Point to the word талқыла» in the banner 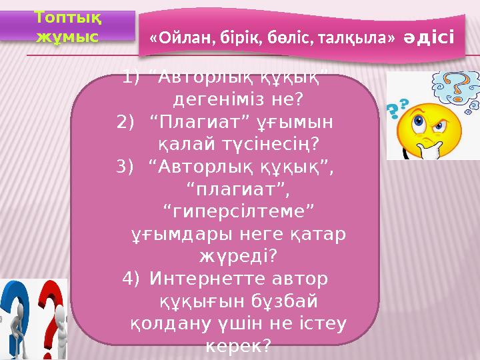pos(359,37)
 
